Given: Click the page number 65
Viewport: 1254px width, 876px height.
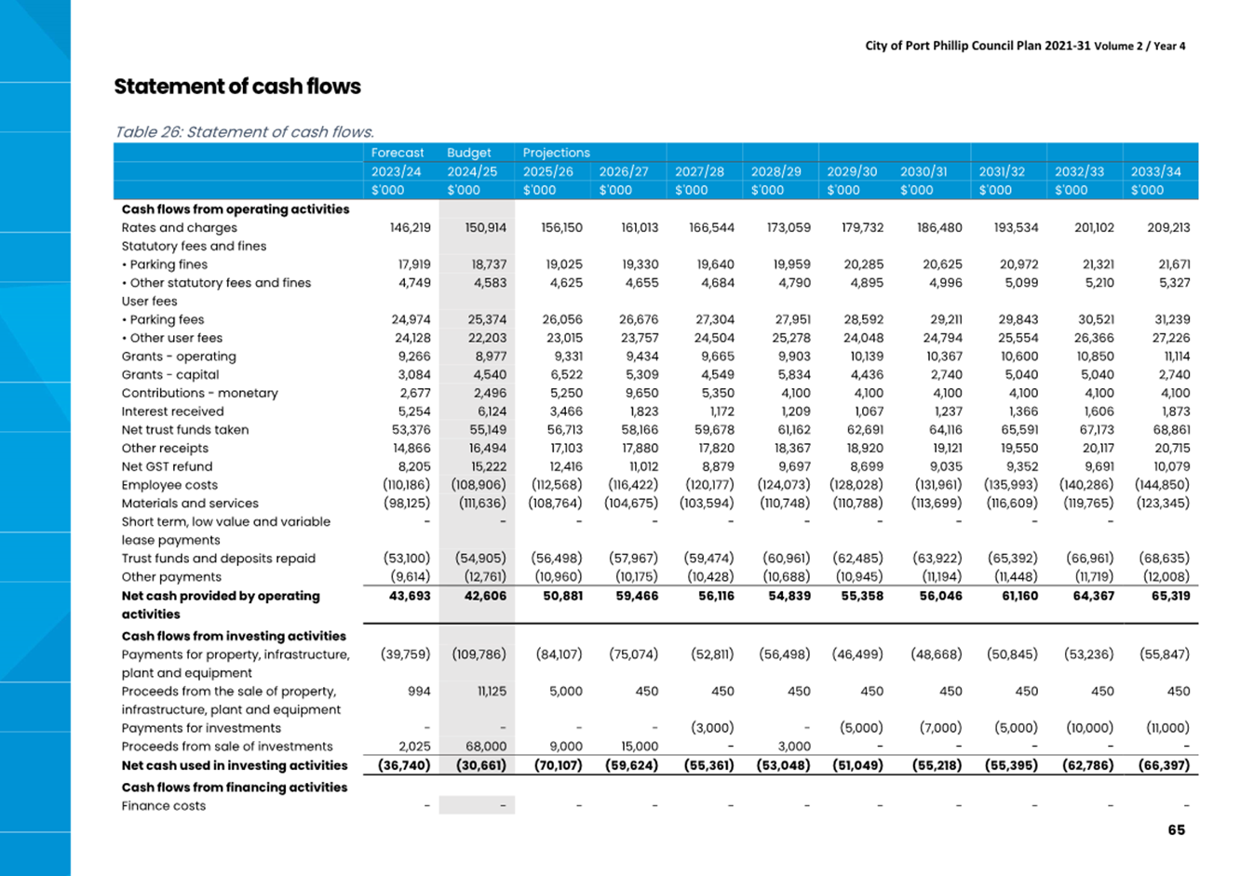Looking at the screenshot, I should click(1176, 829).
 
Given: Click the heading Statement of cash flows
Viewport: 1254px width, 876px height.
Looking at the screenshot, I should click(237, 87).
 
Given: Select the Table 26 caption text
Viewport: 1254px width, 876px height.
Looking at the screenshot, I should click(244, 132).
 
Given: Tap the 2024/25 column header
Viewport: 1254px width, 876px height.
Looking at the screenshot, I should click(472, 171).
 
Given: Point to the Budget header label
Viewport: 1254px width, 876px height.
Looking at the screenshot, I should click(468, 153).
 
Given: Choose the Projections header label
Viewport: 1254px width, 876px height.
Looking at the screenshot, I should click(556, 153).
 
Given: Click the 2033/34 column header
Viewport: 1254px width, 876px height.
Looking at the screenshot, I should click(1155, 171).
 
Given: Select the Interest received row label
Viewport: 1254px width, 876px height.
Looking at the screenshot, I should click(172, 411).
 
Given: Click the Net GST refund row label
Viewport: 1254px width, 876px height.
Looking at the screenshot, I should click(167, 466).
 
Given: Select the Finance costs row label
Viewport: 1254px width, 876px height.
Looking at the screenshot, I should click(163, 806).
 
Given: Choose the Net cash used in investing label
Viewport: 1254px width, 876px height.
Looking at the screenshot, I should click(234, 765).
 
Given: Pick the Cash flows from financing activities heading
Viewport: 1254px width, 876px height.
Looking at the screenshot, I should click(234, 788).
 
